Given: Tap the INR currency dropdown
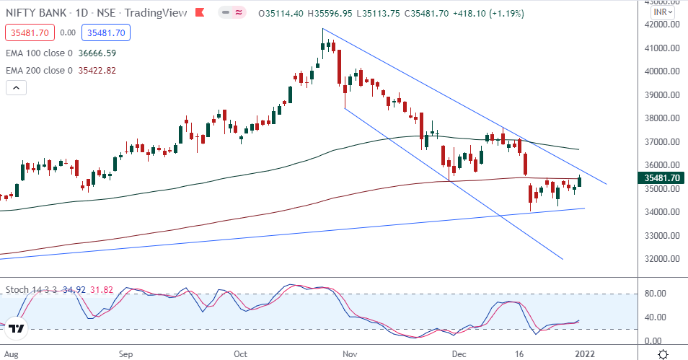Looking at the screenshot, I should [662, 12].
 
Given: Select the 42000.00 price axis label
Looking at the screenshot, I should [661, 25].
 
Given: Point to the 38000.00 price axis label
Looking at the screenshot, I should [661, 118].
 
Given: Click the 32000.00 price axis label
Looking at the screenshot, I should [661, 259].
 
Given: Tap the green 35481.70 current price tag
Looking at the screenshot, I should [661, 177].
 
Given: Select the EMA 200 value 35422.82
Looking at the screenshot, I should [100, 70].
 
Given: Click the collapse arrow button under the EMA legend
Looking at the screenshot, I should [16, 88].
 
